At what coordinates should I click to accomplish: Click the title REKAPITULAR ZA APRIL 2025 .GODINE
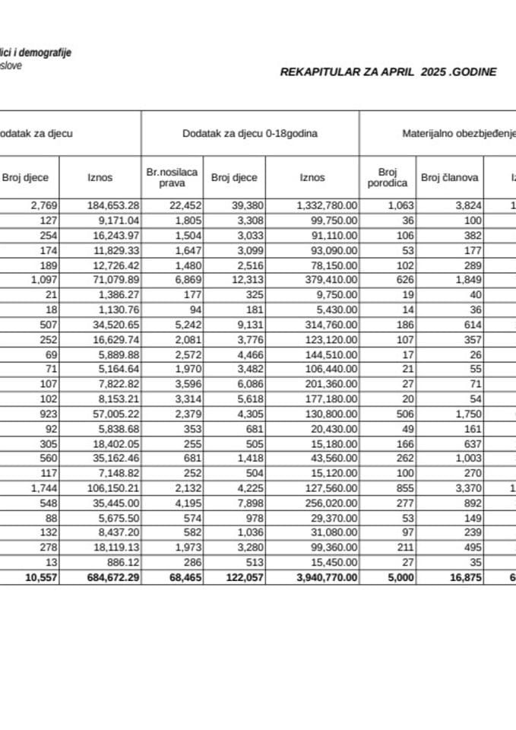point(388,72)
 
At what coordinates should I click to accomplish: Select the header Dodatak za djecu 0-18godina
point(249,133)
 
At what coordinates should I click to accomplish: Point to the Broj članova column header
point(449,178)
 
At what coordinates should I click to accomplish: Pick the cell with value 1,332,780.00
point(324,205)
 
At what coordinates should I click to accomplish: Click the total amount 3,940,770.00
point(324,578)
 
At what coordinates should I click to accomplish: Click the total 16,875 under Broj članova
point(461,578)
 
